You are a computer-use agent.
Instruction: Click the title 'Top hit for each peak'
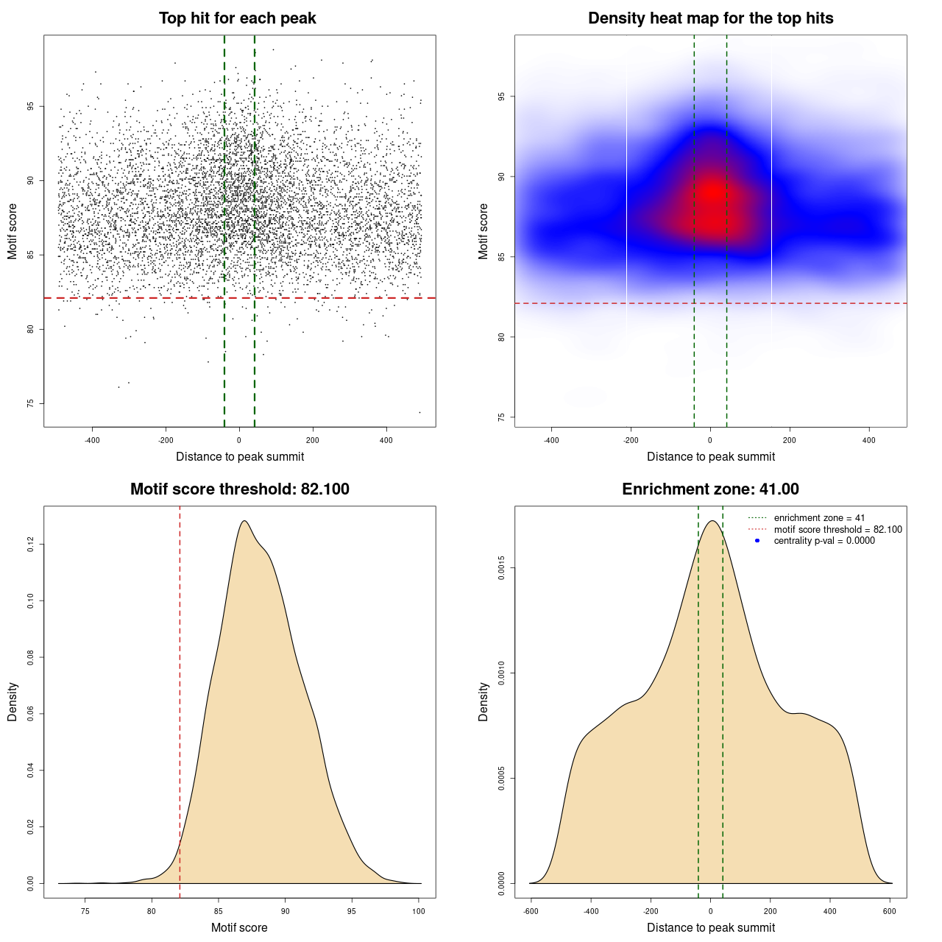pos(238,18)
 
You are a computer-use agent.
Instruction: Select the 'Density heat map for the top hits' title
pos(710,18)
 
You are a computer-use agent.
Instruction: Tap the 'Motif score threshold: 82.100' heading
pos(239,489)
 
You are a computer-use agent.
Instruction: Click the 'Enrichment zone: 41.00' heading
pos(710,489)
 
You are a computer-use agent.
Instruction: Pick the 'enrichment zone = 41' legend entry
pos(819,518)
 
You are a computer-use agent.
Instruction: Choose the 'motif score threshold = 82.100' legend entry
pos(837,529)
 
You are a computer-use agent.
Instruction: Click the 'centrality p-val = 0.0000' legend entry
pos(824,541)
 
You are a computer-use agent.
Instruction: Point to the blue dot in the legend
pos(757,541)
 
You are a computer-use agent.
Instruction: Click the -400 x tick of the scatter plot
pos(92,440)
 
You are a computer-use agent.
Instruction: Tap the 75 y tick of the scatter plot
pos(31,403)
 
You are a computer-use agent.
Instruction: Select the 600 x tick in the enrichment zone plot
pos(890,911)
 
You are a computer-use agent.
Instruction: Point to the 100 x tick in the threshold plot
pos(419,911)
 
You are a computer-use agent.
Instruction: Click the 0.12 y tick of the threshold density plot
pos(31,544)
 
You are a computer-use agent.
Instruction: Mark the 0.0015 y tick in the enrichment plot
pos(502,567)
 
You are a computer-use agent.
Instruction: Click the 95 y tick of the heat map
pos(502,96)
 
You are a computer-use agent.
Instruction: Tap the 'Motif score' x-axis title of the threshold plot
pos(239,927)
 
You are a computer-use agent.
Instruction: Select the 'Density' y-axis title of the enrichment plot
pos(484,701)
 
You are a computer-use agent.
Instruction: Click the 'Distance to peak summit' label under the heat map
pos(710,456)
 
